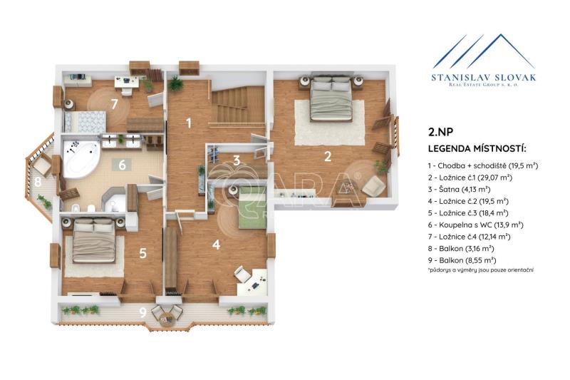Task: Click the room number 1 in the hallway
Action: (x=189, y=123)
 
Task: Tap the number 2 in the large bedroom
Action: (x=328, y=156)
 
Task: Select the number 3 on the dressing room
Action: (x=237, y=160)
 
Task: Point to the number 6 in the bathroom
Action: (x=122, y=165)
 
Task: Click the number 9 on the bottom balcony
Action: (x=143, y=312)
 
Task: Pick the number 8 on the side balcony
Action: (x=38, y=182)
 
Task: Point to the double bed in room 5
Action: (x=94, y=240)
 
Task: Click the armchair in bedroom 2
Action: (x=373, y=186)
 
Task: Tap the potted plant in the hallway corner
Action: (x=176, y=83)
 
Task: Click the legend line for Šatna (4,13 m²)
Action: (x=459, y=190)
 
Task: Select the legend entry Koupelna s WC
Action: (x=475, y=225)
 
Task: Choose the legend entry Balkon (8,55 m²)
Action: (x=462, y=260)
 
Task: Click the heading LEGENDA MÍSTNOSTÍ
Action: (x=477, y=149)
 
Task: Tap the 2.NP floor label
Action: (x=440, y=132)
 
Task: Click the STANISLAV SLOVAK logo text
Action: (x=484, y=77)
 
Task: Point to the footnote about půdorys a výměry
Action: (x=480, y=270)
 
